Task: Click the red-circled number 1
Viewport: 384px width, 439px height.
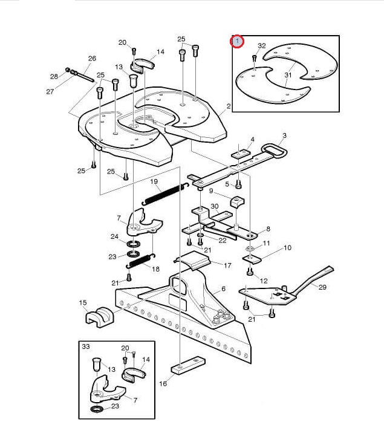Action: pyautogui.click(x=237, y=42)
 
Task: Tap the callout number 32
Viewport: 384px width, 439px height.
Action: pyautogui.click(x=262, y=45)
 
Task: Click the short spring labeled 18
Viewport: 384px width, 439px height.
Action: pyautogui.click(x=141, y=261)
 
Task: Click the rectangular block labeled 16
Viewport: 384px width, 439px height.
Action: pyautogui.click(x=187, y=365)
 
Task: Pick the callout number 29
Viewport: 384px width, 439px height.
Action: pyautogui.click(x=322, y=287)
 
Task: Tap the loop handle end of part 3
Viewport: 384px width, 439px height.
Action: pyautogui.click(x=274, y=151)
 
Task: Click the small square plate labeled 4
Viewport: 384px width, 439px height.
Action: pyautogui.click(x=240, y=154)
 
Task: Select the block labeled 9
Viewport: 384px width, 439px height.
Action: pyautogui.click(x=237, y=202)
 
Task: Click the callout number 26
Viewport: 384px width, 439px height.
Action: pyautogui.click(x=92, y=58)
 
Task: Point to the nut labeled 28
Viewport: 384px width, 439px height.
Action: pyautogui.click(x=68, y=70)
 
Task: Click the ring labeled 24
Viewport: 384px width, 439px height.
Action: pyautogui.click(x=134, y=244)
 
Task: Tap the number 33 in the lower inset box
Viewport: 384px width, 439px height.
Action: pyautogui.click(x=86, y=346)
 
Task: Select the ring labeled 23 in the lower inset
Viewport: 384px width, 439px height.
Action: pyautogui.click(x=97, y=409)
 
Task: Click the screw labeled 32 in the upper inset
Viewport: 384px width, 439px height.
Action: pyautogui.click(x=255, y=58)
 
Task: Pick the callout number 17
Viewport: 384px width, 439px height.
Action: pyautogui.click(x=227, y=265)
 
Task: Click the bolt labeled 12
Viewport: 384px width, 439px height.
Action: pyautogui.click(x=250, y=271)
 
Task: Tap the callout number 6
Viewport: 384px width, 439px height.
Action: pyautogui.click(x=223, y=288)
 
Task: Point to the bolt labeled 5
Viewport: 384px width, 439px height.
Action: pyautogui.click(x=238, y=184)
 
